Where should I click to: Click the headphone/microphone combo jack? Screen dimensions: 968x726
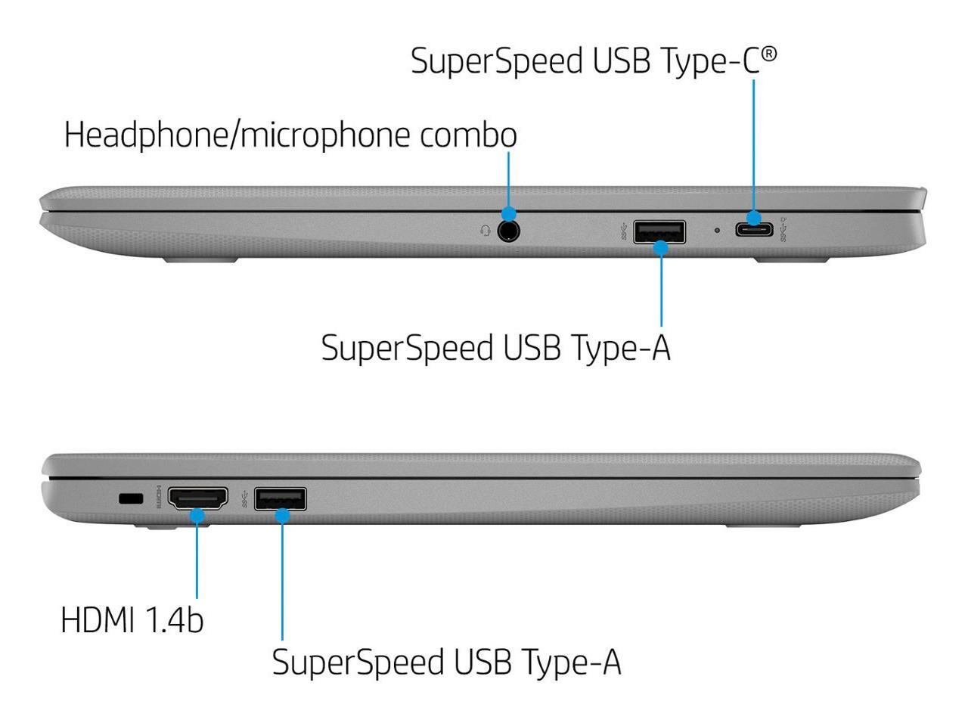coord(509,229)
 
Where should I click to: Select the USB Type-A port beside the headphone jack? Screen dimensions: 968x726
coord(659,232)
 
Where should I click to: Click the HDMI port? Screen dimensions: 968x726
coord(197,499)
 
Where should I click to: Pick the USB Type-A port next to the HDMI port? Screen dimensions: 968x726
coord(281,499)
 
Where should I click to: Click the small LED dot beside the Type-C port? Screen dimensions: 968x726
coord(717,229)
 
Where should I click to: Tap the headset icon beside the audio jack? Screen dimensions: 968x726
coord(486,230)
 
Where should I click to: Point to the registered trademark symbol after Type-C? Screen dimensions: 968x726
coord(768,54)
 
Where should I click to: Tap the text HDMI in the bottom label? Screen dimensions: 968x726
coord(97,619)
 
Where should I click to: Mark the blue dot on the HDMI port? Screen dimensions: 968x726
coord(197,516)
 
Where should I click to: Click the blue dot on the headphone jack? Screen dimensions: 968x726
coord(509,214)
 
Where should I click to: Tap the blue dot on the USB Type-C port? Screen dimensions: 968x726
coord(753,219)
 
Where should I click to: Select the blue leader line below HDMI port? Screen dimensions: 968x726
coord(197,560)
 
